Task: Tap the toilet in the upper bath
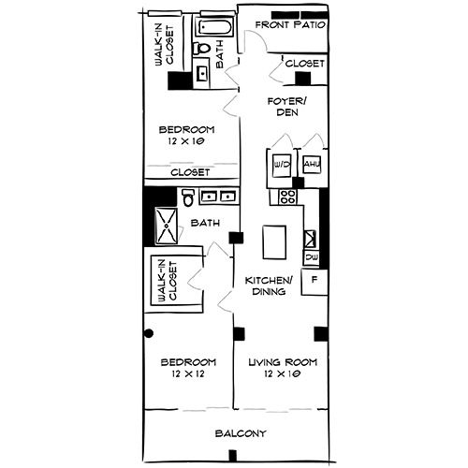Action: coord(201,49)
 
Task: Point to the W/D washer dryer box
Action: coord(282,165)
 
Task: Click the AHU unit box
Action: coord(311,165)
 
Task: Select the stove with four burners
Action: coord(286,197)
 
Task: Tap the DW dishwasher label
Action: coord(311,257)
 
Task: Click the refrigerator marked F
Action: coord(314,280)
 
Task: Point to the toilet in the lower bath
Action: coord(188,198)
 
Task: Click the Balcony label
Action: coord(241,433)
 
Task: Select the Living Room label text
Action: coord(282,362)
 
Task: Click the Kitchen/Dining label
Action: coord(270,285)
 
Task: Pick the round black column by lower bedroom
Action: coord(147,332)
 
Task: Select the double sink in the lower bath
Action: coord(217,197)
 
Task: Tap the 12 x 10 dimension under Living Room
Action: coord(282,374)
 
